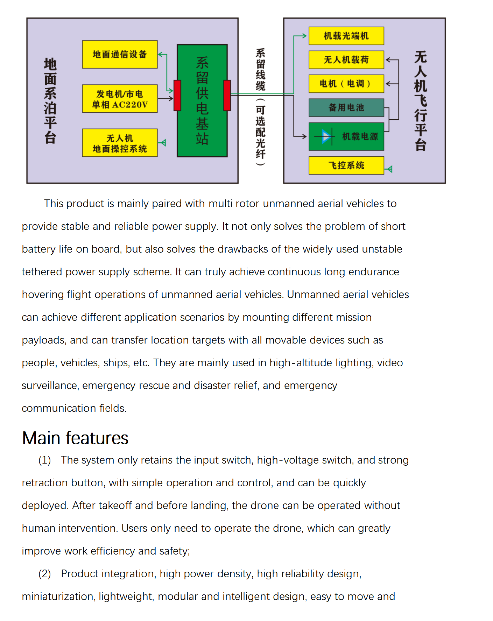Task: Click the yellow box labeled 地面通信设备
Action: pos(120,55)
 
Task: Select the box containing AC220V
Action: pos(120,99)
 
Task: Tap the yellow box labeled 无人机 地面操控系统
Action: pos(120,143)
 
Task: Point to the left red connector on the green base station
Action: pos(177,95)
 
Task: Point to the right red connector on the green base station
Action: pos(227,95)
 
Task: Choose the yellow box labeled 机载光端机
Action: pos(346,36)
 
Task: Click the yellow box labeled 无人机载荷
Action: pos(346,60)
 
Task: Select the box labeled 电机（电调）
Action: pos(346,84)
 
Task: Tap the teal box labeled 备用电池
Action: pos(346,107)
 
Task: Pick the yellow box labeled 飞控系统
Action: pos(346,165)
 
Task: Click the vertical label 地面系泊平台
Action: pos(50,101)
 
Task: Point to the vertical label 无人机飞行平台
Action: pos(421,101)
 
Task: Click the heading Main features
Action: pos(75,438)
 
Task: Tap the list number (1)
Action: pos(44,460)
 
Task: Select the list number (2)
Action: pos(44,574)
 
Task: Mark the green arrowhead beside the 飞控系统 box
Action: pos(389,169)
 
